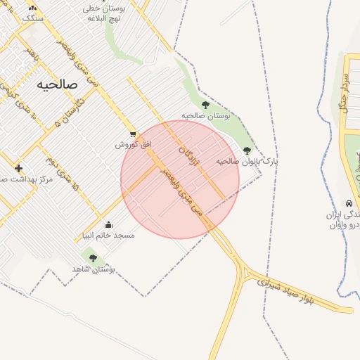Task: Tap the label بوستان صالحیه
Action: [206, 115]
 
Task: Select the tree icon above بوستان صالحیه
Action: [205, 105]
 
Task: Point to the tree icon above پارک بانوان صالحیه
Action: [247, 150]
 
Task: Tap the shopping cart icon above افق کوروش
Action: [133, 134]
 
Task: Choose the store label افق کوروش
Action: [134, 144]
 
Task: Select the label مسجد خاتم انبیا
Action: [108, 235]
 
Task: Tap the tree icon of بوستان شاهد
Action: [93, 258]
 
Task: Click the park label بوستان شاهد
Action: [93, 269]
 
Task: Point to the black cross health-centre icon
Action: [18, 168]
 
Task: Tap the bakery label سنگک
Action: [33, 18]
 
